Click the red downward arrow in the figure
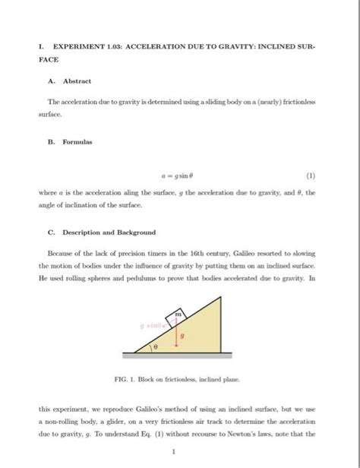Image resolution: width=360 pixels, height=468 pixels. (x=177, y=334)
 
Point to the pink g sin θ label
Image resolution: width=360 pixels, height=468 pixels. (x=151, y=324)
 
